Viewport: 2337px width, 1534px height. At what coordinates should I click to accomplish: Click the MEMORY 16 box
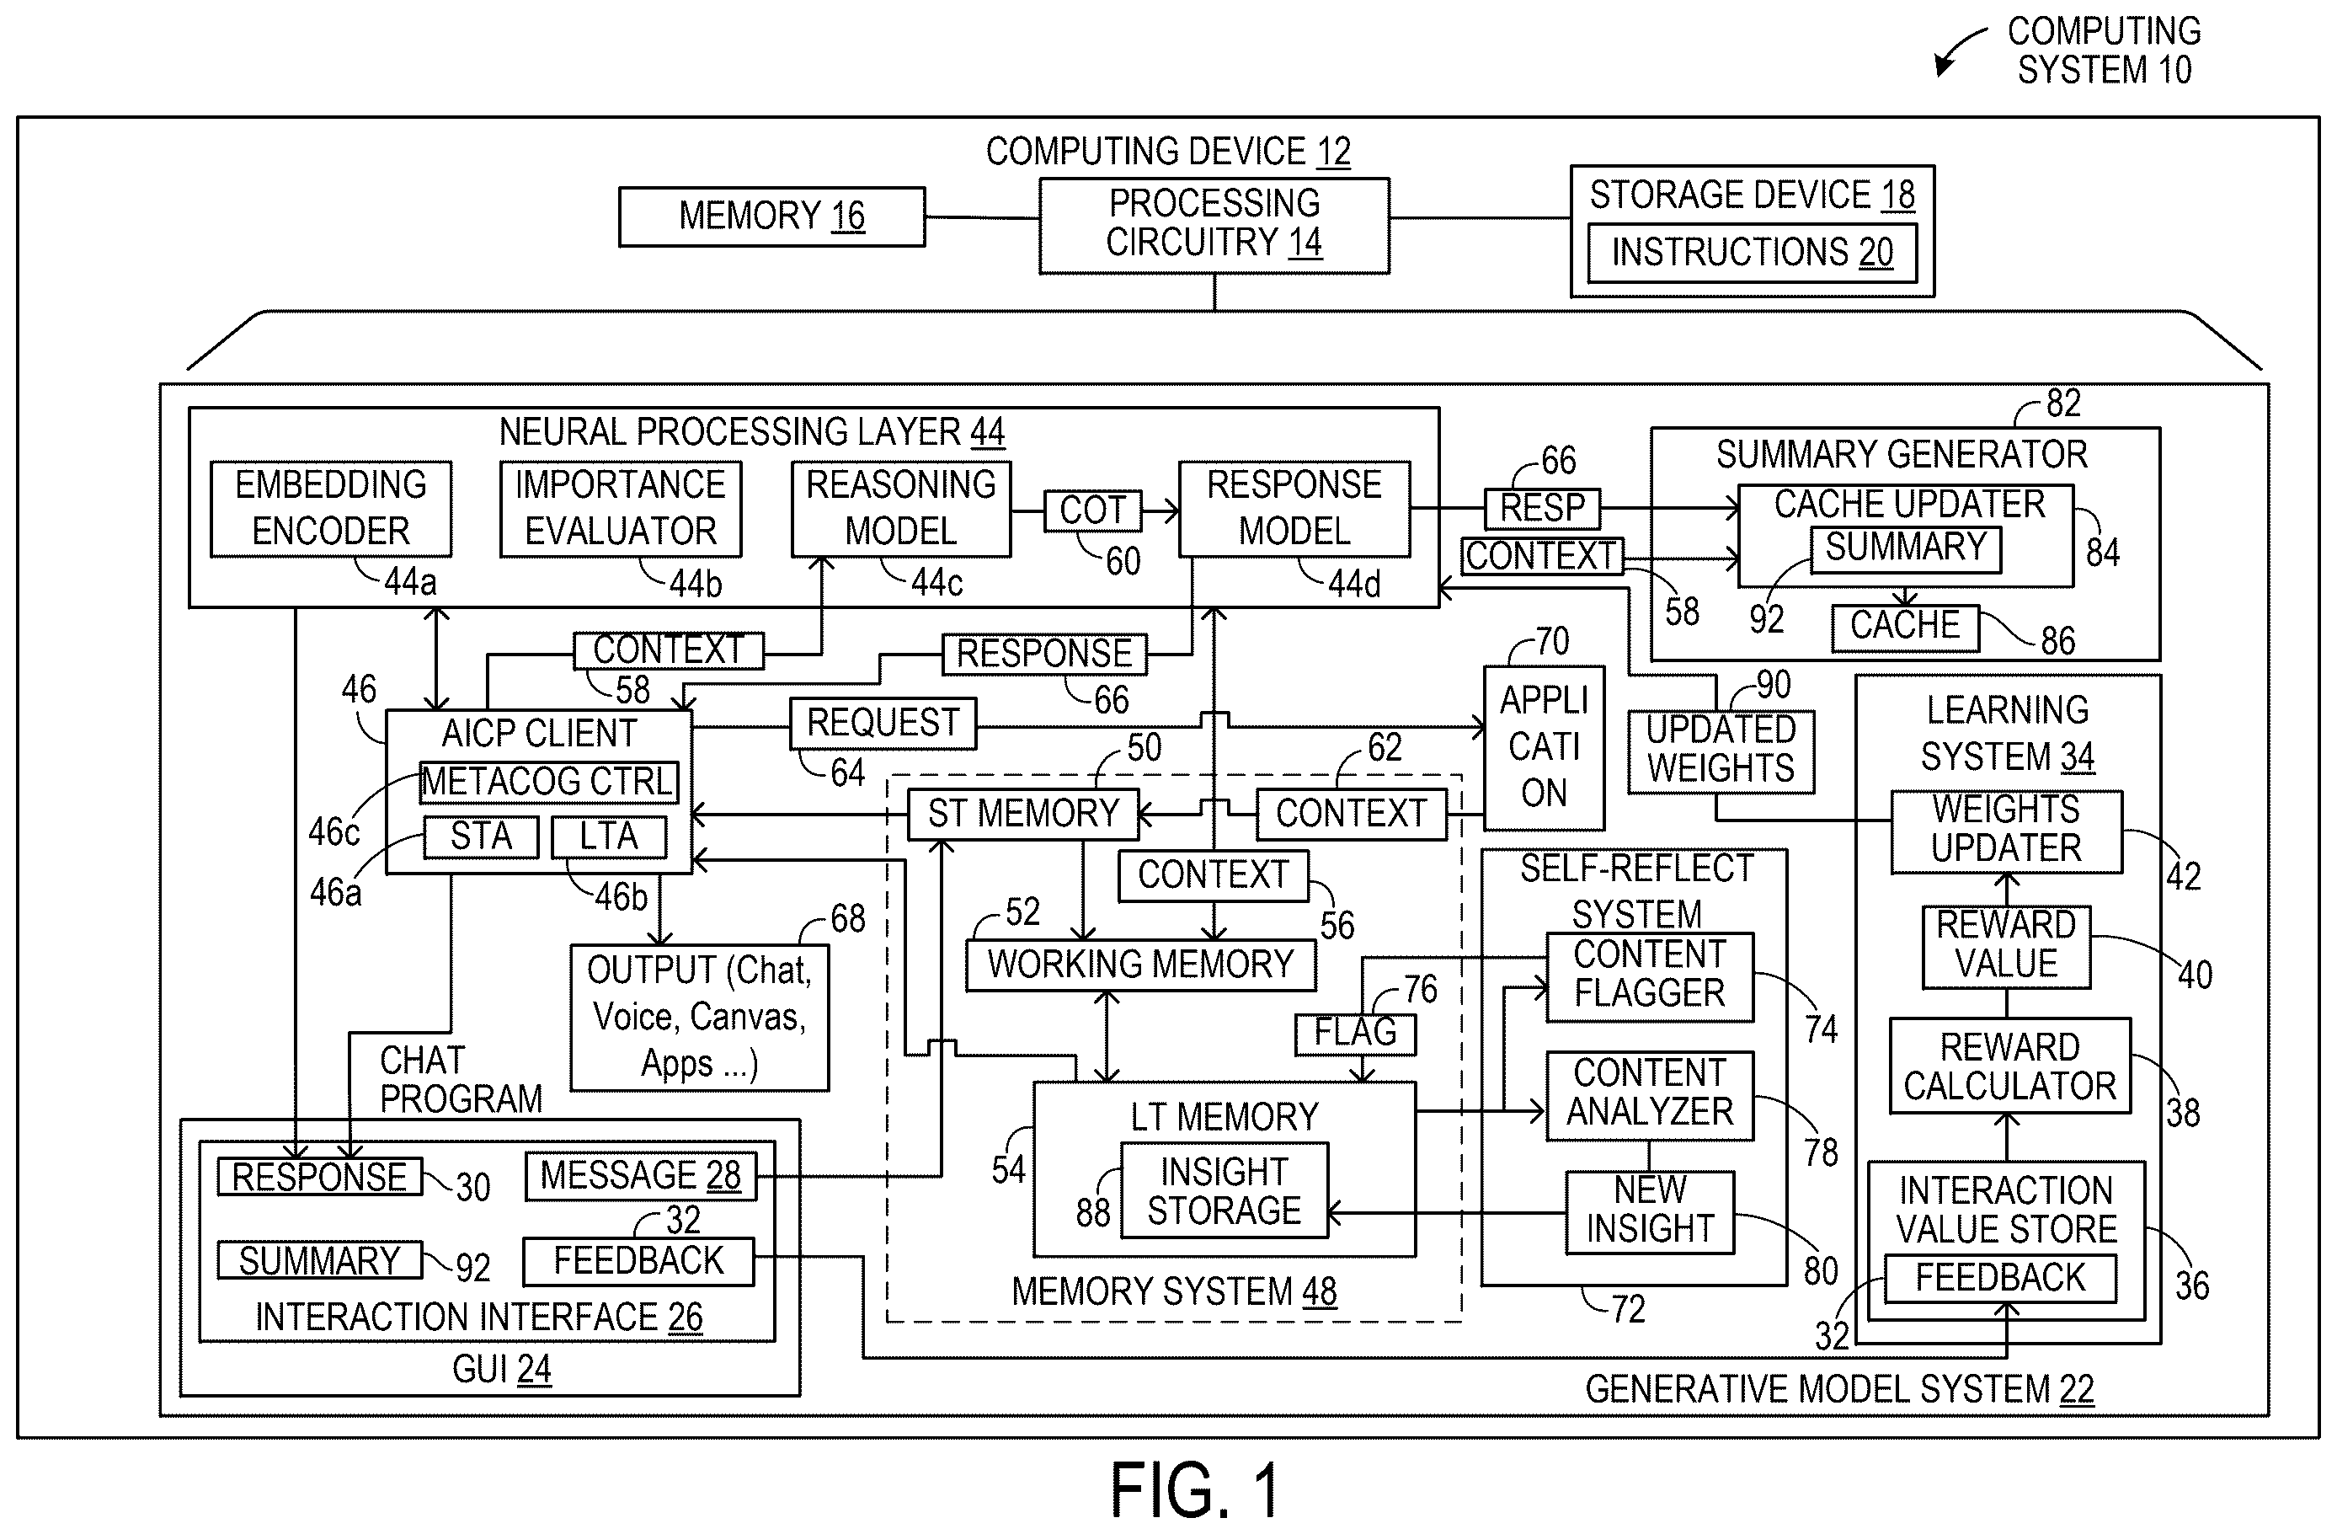point(771,216)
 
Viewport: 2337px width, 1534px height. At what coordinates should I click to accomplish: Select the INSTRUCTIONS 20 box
point(1752,254)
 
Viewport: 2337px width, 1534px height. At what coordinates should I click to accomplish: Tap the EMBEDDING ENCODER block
point(331,509)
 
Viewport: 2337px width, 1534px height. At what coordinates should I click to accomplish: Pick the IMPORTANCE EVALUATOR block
point(621,509)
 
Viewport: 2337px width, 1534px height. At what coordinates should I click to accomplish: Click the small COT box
point(1093,510)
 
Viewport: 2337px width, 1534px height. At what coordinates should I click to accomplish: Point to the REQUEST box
point(883,724)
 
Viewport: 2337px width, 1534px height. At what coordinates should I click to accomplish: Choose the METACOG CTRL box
point(548,783)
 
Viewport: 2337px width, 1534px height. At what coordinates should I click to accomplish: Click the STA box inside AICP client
point(481,836)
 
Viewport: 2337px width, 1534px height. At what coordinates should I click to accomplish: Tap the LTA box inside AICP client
point(609,836)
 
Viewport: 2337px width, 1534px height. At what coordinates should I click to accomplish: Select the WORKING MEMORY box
point(1141,965)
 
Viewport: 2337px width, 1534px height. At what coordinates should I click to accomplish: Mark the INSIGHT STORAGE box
point(1225,1190)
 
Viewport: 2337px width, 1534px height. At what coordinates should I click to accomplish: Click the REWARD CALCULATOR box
point(2010,1066)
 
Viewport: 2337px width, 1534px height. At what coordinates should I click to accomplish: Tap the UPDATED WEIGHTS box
point(1721,751)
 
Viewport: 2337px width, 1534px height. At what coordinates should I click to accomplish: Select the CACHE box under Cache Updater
point(1905,628)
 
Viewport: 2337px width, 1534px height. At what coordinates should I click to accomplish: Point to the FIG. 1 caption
point(1195,1491)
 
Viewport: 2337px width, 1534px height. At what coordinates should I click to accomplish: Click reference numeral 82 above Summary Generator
point(2063,403)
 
